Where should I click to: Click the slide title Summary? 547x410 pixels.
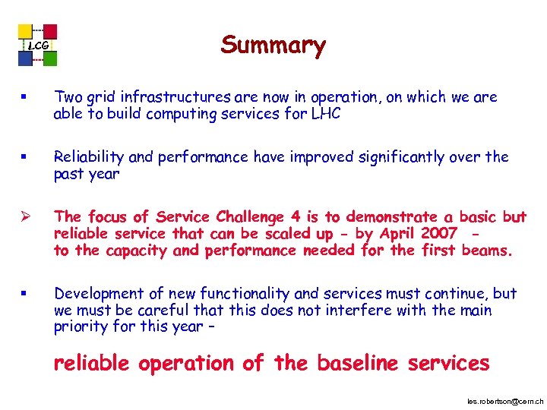point(273,45)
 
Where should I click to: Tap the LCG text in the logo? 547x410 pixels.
point(38,46)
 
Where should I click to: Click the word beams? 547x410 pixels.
point(487,251)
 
